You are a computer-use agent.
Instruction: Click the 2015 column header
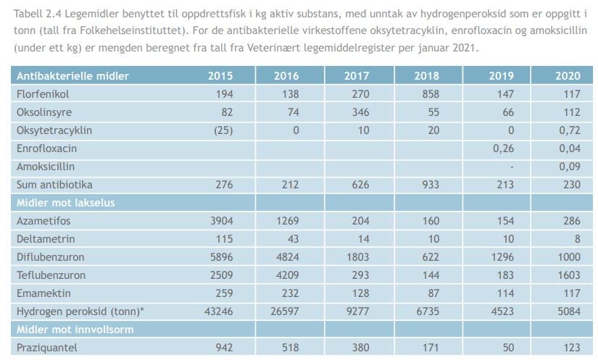pyautogui.click(x=220, y=76)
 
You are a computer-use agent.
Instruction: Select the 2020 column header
pyautogui.click(x=568, y=76)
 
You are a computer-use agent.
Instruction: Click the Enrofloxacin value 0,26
pyautogui.click(x=503, y=148)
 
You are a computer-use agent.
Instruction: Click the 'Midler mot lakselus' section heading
pyautogui.click(x=65, y=203)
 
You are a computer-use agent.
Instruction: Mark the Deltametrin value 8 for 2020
pyautogui.click(x=576, y=239)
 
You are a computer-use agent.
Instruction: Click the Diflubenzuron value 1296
pyautogui.click(x=501, y=257)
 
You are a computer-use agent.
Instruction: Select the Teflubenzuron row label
pyautogui.click(x=51, y=275)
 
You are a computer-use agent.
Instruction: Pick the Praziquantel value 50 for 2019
pyautogui.click(x=507, y=348)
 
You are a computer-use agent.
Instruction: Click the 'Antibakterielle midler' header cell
pyautogui.click(x=72, y=76)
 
